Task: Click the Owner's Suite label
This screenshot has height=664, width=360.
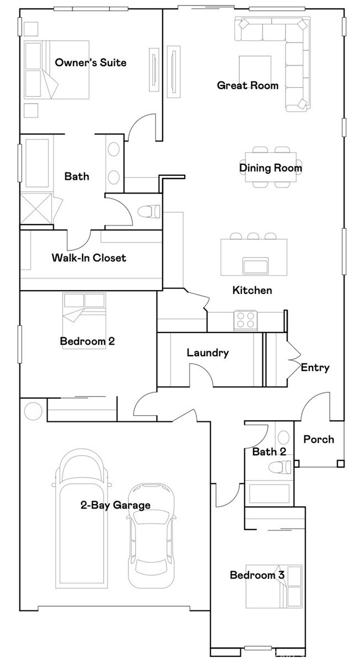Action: (90, 62)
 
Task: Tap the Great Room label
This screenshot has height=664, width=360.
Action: (248, 85)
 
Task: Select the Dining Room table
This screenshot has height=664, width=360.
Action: (271, 167)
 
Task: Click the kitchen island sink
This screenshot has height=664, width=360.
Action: (255, 265)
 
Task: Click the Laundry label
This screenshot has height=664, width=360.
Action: (208, 353)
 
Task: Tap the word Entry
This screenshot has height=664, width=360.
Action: (315, 368)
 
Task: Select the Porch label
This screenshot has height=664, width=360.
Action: (319, 439)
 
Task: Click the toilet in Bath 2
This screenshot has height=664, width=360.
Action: (280, 467)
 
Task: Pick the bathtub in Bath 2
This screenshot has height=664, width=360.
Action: (269, 494)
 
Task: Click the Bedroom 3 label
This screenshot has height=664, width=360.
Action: (257, 575)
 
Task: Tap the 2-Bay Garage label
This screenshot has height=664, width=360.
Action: (116, 505)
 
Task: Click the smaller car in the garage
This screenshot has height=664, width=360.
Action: (151, 536)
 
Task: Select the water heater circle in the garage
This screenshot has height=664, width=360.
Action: (33, 411)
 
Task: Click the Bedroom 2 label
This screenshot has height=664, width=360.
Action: (87, 341)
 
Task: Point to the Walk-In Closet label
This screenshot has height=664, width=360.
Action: (89, 258)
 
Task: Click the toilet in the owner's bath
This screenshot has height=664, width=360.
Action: (149, 211)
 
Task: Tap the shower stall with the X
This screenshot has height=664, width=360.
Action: (36, 208)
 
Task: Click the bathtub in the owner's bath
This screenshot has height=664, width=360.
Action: (37, 163)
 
